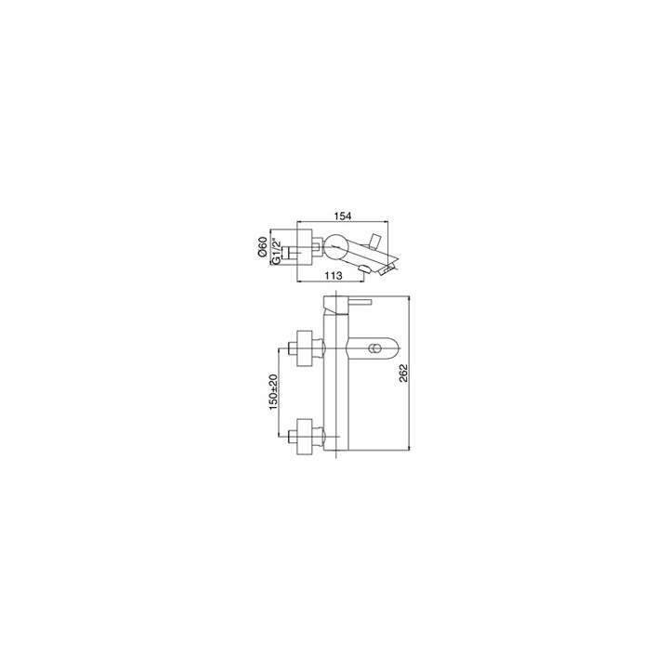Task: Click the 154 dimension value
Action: point(343,216)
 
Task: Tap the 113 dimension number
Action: point(334,276)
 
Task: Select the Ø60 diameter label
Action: point(262,247)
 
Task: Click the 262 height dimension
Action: point(403,373)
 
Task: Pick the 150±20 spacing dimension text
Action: point(273,392)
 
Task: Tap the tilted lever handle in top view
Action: point(376,241)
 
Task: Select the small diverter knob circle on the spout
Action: point(375,349)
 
